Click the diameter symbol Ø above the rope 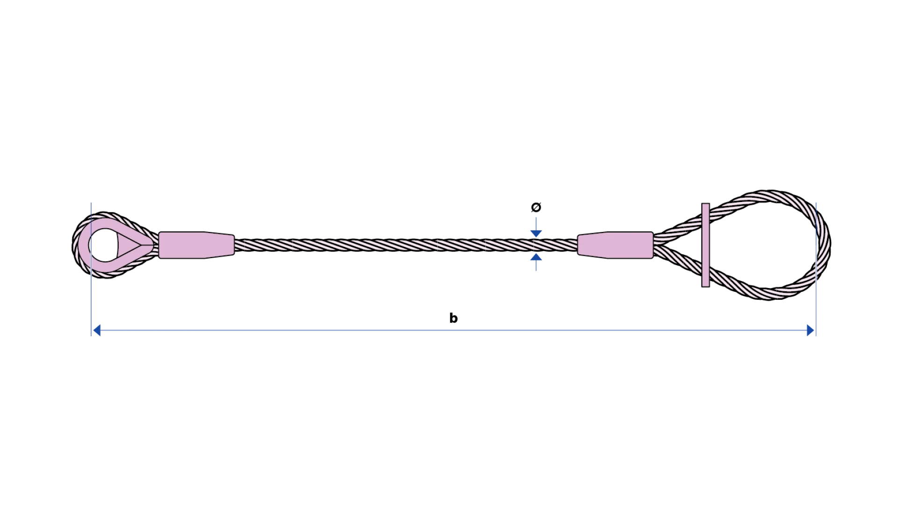tap(536, 207)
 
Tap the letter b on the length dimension tap(453, 318)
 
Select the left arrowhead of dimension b tap(97, 331)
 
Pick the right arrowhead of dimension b tap(811, 331)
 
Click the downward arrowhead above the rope tap(536, 234)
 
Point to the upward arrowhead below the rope tap(536, 257)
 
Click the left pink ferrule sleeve tap(196, 245)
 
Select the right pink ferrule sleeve tap(616, 245)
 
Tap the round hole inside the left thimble tap(104, 245)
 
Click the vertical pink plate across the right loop tap(706, 245)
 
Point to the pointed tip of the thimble tap(152, 245)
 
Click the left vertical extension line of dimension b tap(91, 269)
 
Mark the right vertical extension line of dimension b tap(816, 269)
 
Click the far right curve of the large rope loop tap(826, 245)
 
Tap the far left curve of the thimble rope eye tap(76, 245)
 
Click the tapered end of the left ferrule tap(220, 245)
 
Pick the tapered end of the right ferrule tap(592, 245)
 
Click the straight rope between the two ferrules tap(406, 245)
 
